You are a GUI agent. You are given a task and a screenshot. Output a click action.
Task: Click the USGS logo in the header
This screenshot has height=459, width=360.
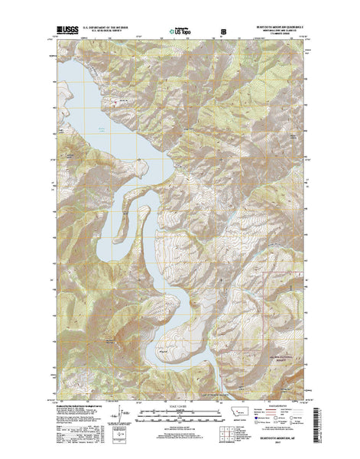pos(66,32)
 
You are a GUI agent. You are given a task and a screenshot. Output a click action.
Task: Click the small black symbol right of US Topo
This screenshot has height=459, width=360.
pos(224,32)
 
